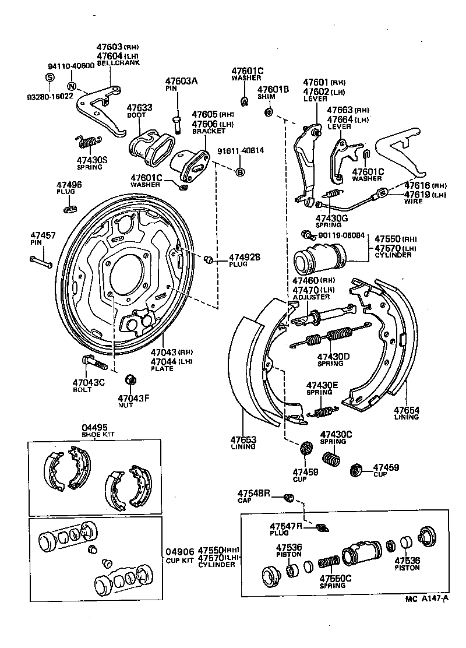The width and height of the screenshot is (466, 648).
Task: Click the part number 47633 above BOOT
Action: coord(139,108)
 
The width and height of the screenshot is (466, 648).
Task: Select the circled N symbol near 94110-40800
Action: coord(72,86)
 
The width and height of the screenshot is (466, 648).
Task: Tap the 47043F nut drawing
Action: coord(130,381)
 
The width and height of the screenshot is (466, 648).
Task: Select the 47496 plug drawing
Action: coord(70,207)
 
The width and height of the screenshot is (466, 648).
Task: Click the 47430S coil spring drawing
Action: coord(89,142)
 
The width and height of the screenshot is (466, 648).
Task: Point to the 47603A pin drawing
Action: coord(176,121)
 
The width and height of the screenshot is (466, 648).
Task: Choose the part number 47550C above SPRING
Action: coord(335,578)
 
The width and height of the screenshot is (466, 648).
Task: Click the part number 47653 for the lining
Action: coord(242,439)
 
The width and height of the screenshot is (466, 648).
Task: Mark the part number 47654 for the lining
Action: coord(406,410)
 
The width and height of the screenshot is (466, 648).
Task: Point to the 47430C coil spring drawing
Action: coord(331,459)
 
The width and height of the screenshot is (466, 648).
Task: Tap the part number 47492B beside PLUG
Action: coord(244,256)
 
